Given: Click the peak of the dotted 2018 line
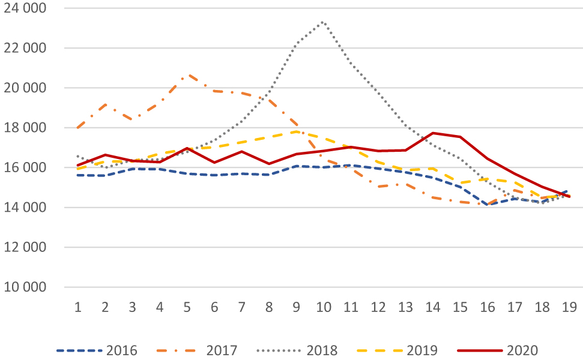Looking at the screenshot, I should (324, 22).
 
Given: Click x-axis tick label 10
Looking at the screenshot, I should (324, 307).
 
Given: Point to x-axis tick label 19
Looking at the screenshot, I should (570, 307).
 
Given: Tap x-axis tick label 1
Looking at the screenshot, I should (77, 307).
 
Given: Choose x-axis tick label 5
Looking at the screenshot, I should (187, 307).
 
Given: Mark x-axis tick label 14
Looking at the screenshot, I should (433, 307).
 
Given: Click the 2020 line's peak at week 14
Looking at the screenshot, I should (433, 133).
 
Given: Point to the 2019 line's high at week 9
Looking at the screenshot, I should (296, 131).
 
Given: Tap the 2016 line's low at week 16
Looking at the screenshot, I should (488, 205).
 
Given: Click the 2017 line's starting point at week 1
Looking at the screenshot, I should (77, 128).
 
